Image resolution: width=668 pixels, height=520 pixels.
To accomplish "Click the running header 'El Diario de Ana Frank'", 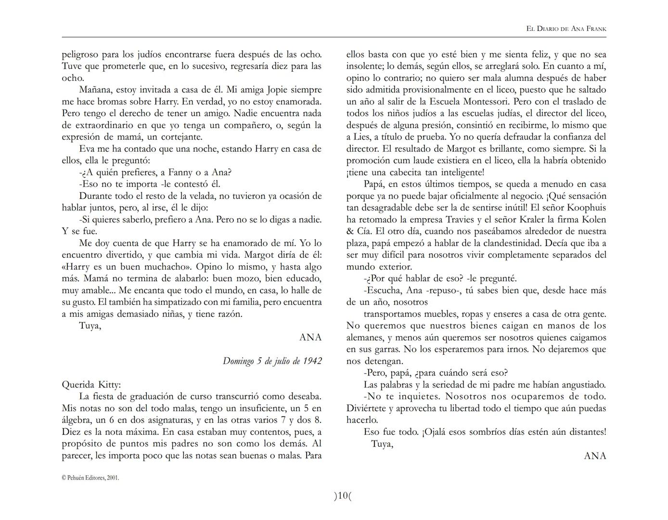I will pos(566,29).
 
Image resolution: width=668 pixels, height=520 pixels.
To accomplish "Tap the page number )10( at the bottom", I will pos(343,496).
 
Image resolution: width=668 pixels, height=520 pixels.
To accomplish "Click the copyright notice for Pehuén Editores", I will pos(90,478).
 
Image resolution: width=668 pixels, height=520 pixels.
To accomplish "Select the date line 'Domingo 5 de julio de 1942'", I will pos(272,361).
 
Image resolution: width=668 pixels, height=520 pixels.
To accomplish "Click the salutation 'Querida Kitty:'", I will pos(91,385).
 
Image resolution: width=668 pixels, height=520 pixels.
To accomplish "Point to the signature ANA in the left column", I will pos(310,338).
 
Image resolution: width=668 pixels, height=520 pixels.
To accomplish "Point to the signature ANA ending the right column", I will pos(595,456).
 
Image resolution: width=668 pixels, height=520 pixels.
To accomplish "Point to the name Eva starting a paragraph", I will pos(87,149).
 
